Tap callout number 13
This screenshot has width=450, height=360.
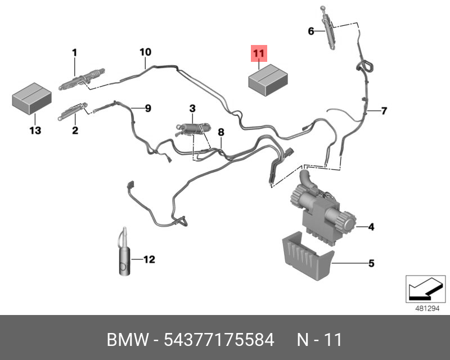[x=35, y=130]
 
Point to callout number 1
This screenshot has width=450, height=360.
[x=74, y=53]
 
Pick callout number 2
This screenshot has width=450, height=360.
[x=74, y=130]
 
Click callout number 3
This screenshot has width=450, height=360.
[x=192, y=107]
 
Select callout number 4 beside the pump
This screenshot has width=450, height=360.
[x=371, y=227]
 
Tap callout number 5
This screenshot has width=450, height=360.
[x=371, y=263]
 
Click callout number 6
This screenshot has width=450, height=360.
[x=310, y=31]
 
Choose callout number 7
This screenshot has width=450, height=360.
[x=384, y=111]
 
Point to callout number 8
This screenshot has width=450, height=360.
[x=221, y=132]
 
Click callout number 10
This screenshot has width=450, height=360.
[x=145, y=52]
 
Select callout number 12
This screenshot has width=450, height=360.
[x=148, y=259]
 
